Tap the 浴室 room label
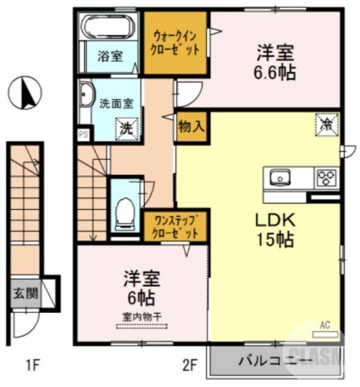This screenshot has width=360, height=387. (x=110, y=56)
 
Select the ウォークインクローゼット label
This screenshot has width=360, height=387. (x=176, y=43)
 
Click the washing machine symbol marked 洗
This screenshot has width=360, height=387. (x=126, y=128)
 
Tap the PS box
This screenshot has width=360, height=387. (x=83, y=134)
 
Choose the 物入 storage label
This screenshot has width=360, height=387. (x=192, y=127)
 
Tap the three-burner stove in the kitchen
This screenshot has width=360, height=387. (x=327, y=178)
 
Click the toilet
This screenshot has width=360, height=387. (x=125, y=211)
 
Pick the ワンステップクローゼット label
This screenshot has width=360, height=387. (x=175, y=226)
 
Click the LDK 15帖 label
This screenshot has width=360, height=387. (x=275, y=229)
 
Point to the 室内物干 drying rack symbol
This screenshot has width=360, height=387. (x=142, y=326)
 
